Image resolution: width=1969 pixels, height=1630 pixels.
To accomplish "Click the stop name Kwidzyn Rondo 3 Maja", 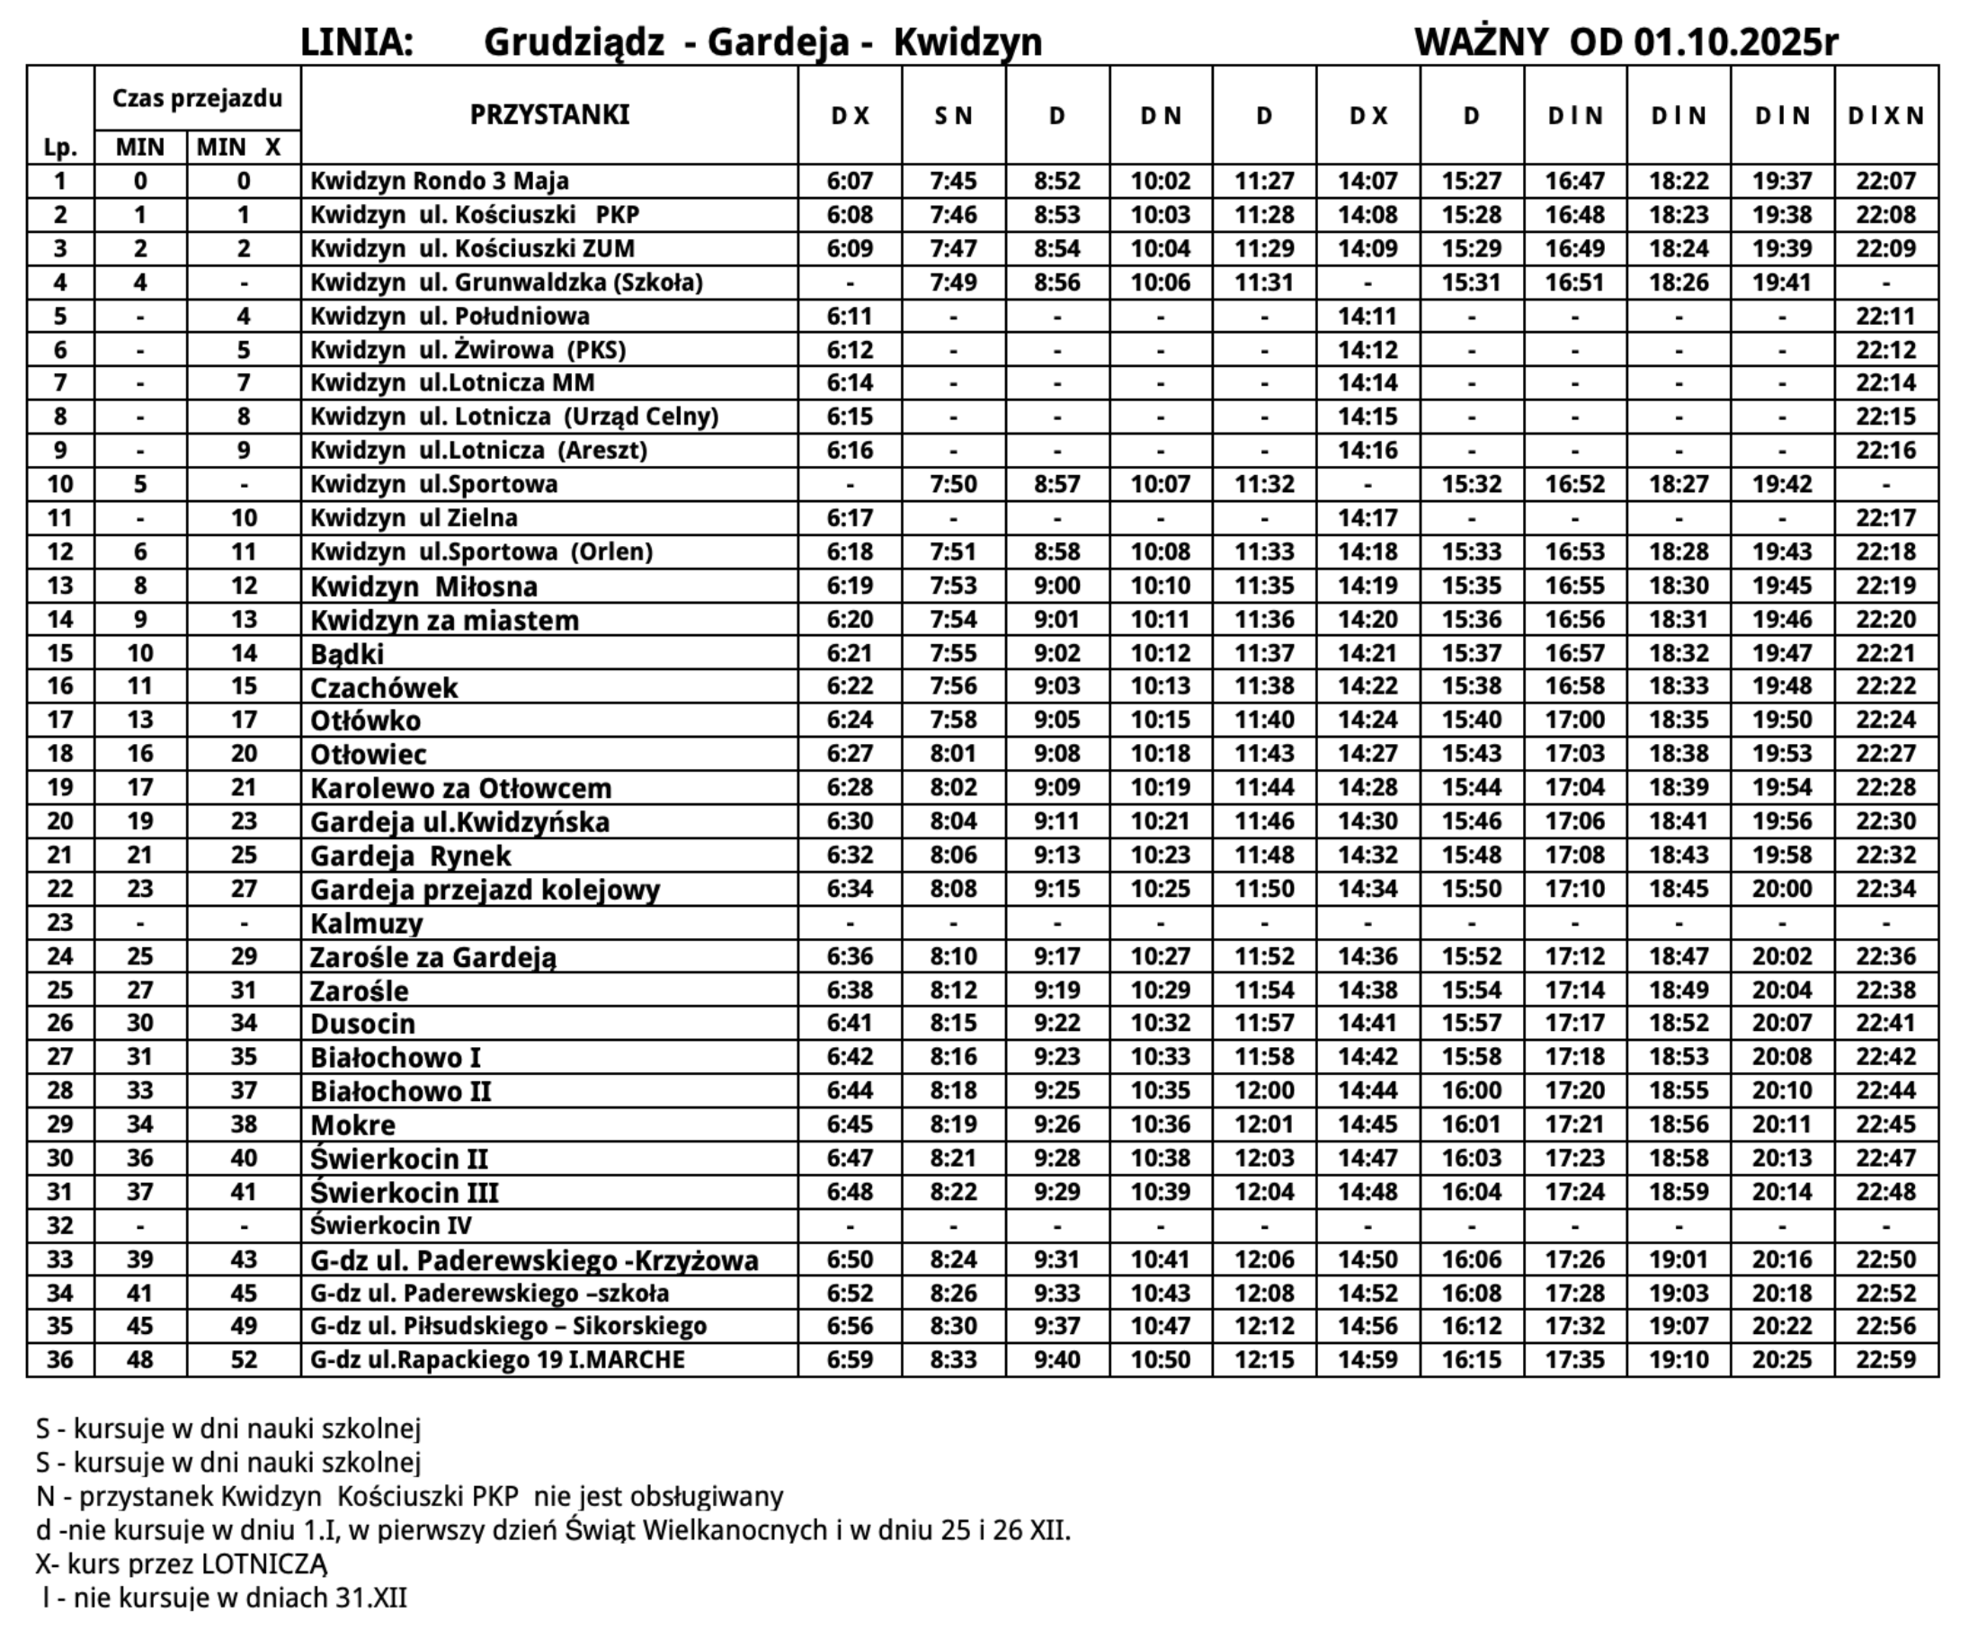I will coord(439,181).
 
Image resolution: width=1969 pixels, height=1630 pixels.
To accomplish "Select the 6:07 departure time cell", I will coord(850,181).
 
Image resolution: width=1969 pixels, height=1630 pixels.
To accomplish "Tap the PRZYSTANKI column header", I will coord(549,114).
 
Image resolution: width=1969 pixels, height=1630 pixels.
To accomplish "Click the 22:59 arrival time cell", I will coord(1885,1360).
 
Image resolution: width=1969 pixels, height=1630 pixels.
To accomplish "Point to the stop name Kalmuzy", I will coord(367,924).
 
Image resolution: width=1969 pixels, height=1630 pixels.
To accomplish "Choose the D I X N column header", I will coord(1885,115).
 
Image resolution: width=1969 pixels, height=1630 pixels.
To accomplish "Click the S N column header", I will coord(953,115).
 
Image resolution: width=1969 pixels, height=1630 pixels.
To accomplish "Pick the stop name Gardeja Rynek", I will coord(410,856).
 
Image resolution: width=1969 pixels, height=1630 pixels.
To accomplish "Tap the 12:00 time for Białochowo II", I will coord(1264,1091).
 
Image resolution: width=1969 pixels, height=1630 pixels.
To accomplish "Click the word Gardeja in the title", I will coord(778,42).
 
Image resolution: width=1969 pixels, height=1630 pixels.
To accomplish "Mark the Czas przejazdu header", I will coord(197,97).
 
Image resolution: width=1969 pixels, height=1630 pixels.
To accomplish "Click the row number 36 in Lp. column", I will coord(60,1360).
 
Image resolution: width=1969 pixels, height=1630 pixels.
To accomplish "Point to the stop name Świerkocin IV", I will coord(390,1226).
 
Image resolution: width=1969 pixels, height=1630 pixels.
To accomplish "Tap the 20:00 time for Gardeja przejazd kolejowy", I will coord(1781,889).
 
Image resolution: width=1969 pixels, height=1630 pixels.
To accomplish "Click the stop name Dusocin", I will coord(362,1023).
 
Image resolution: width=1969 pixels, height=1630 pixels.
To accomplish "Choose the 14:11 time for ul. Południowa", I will coord(1367,316).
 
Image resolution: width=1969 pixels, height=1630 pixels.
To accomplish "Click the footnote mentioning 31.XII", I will coord(225,1598).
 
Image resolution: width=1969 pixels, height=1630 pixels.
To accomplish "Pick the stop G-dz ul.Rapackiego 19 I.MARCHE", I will coord(497,1360).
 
